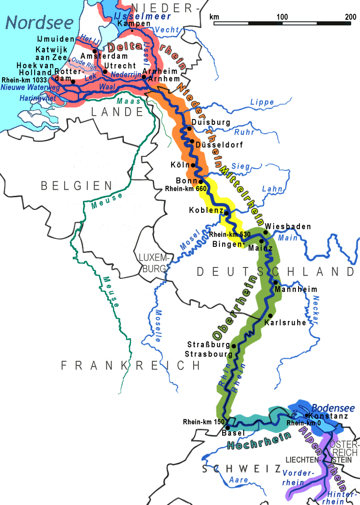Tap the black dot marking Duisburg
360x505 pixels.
[x=189, y=128]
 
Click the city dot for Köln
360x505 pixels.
[x=193, y=166]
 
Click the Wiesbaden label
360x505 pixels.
[x=288, y=227]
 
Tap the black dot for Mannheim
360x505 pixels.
[x=275, y=282]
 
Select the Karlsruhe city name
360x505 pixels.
[x=285, y=323]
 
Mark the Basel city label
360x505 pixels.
[x=234, y=433]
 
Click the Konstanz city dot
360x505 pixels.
[x=306, y=415]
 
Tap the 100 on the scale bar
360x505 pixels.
[x=282, y=17]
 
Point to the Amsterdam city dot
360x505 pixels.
[x=94, y=51]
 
